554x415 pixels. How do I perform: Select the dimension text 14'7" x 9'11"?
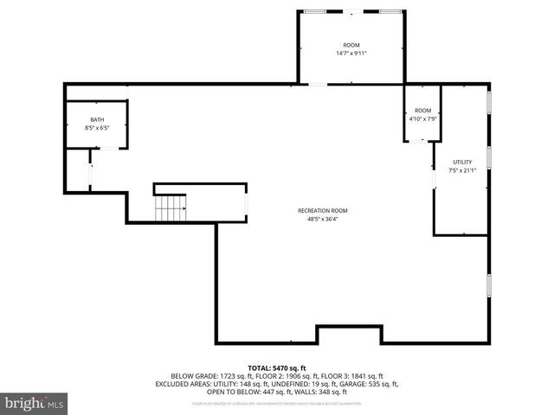(351, 54)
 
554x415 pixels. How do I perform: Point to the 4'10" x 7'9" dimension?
(422, 118)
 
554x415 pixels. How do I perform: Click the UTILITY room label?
(462, 162)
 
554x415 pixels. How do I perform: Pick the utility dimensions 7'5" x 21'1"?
(462, 170)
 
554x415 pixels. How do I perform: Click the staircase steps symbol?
(171, 208)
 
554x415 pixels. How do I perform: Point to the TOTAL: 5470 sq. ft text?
(277, 368)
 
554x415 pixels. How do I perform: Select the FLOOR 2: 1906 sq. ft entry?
(285, 376)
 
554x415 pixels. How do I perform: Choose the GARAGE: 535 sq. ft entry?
(367, 384)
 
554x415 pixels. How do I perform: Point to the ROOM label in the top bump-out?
(351, 45)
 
